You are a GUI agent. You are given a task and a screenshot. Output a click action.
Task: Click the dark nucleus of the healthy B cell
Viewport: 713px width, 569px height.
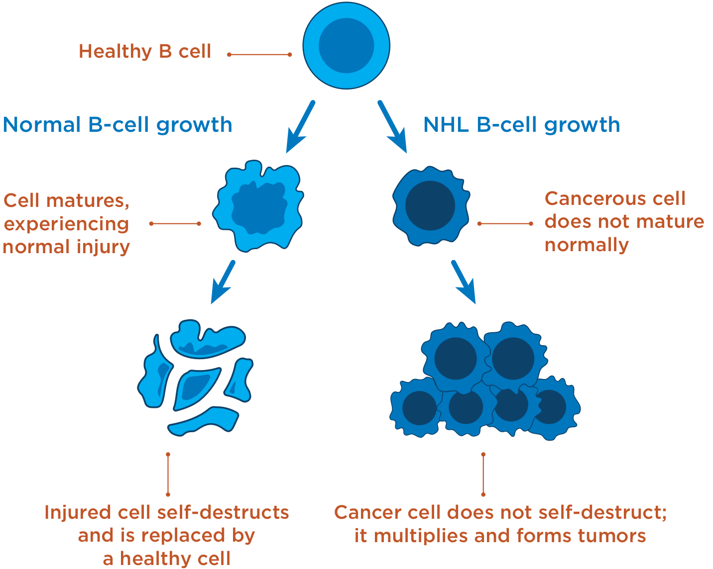tap(346, 46)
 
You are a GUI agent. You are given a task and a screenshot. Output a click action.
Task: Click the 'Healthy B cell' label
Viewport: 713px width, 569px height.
tap(145, 52)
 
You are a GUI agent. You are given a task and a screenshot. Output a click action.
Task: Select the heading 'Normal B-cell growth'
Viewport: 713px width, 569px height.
tap(118, 124)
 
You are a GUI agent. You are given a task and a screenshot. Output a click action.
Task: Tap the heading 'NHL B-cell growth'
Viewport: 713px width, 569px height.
tap(521, 124)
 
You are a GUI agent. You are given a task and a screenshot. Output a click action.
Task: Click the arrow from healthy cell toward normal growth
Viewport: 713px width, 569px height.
tap(300, 126)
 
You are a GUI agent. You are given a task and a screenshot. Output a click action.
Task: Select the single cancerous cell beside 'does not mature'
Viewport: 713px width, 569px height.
tap(430, 206)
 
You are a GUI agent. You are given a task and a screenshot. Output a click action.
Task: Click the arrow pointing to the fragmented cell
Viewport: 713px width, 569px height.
tap(223, 282)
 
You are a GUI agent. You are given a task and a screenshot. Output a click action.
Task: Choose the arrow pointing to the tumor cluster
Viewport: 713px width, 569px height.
tap(464, 282)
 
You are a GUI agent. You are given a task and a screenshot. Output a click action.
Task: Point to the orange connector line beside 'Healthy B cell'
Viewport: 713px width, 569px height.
tap(259, 54)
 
